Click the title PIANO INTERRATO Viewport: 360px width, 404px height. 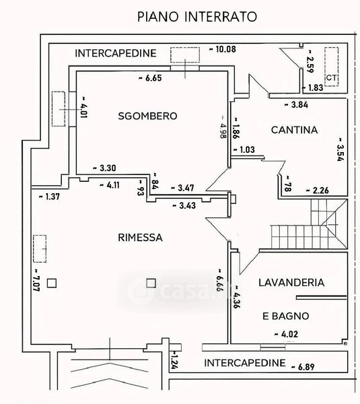(x=197, y=17)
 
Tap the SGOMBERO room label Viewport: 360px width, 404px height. (x=147, y=116)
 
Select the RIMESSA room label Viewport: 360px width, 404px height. (x=140, y=237)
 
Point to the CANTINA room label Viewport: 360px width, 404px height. (x=294, y=130)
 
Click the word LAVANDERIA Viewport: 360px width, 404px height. (x=291, y=283)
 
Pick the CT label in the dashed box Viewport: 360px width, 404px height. (x=331, y=77)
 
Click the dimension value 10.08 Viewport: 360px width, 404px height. (x=223, y=49)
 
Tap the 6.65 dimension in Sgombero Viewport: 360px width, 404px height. (x=150, y=78)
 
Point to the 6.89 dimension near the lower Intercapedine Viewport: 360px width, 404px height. (x=303, y=367)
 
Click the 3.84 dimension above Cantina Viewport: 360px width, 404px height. (x=296, y=105)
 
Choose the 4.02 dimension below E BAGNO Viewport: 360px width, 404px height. (x=286, y=334)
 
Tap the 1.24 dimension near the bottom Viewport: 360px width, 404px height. (x=174, y=360)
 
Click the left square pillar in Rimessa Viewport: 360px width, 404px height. (x=52, y=283)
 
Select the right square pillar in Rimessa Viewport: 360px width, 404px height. (x=151, y=283)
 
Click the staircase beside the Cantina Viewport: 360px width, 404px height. (x=309, y=224)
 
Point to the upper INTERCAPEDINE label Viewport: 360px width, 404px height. (x=116, y=53)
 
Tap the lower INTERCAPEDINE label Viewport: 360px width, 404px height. (x=245, y=363)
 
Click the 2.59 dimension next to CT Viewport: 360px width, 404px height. (x=310, y=61)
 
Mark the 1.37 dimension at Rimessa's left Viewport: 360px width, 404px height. (x=49, y=197)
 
